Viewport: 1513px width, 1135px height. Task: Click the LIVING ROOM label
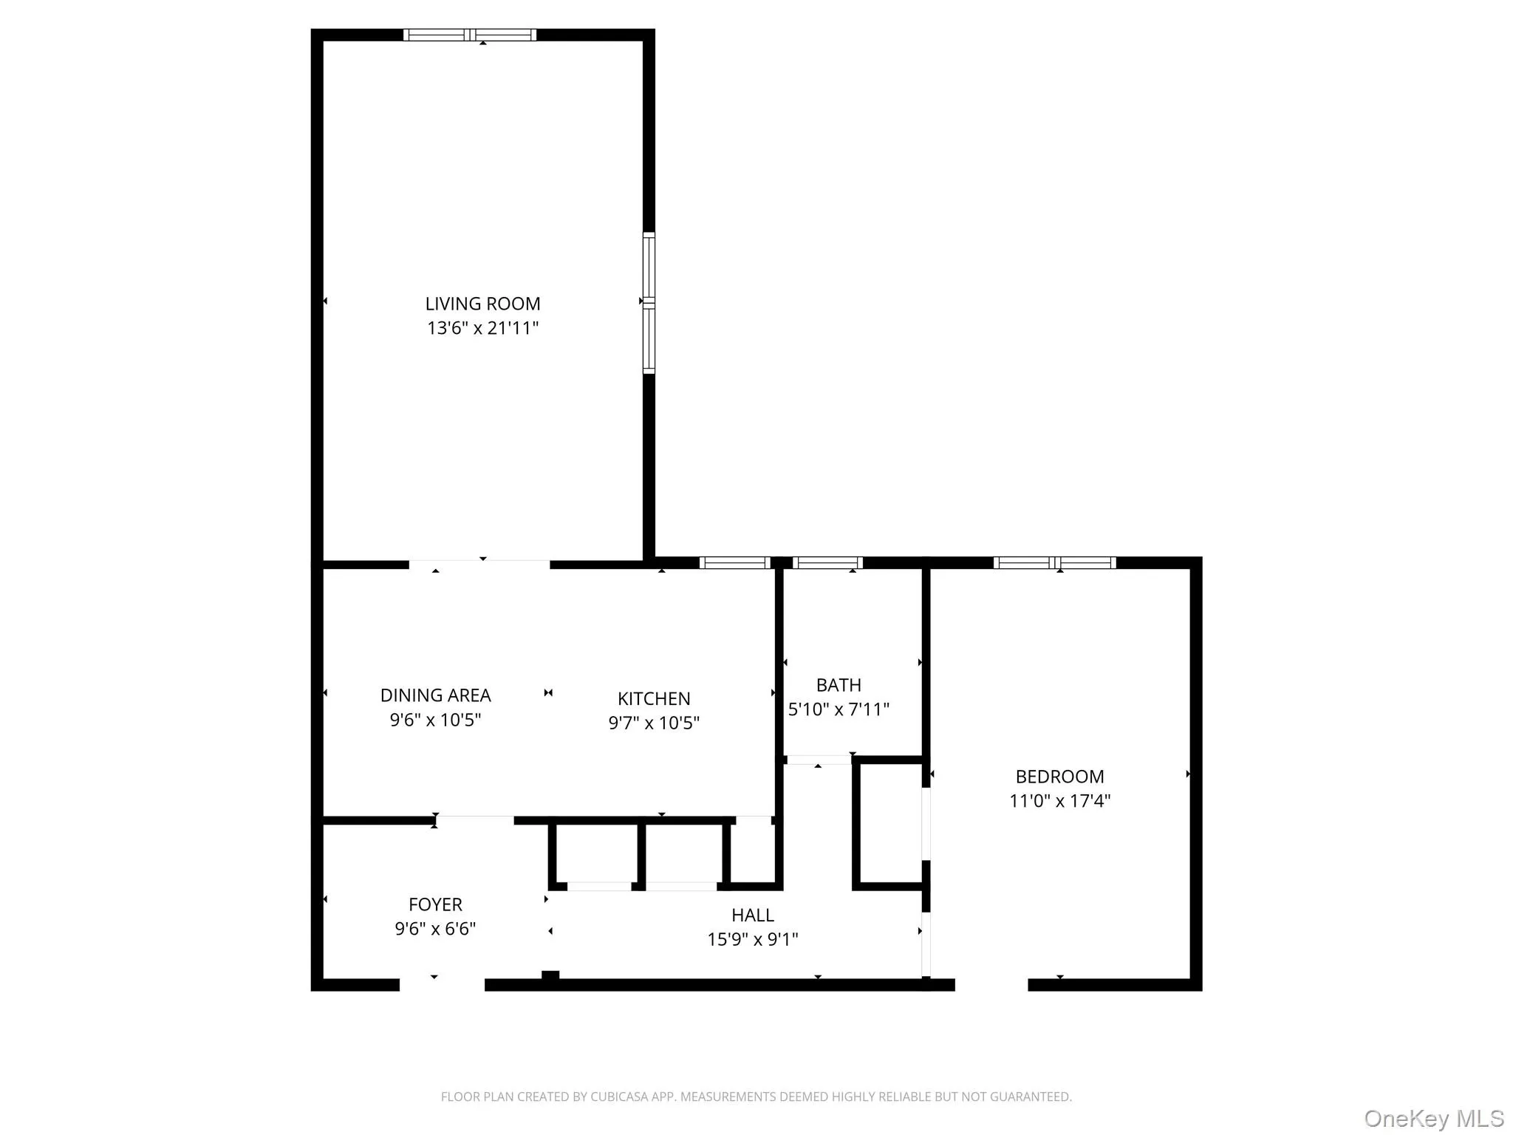click(x=482, y=304)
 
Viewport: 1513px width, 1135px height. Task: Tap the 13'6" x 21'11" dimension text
click(x=482, y=328)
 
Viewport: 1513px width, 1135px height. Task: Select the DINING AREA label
click(x=435, y=695)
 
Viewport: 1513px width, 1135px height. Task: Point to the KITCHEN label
click(x=654, y=698)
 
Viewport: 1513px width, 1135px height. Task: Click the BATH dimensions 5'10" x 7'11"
click(x=839, y=709)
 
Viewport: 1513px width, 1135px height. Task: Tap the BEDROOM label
click(x=1059, y=777)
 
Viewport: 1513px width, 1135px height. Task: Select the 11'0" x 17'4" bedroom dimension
click(x=1059, y=801)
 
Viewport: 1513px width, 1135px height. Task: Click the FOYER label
click(x=435, y=904)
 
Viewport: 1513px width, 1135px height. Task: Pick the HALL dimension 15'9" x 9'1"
click(x=753, y=939)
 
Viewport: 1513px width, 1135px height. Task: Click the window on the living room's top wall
click(x=470, y=35)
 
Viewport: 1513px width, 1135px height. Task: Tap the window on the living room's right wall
click(x=649, y=303)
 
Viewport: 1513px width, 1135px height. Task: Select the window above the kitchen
click(x=734, y=563)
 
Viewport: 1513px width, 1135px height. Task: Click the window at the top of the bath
click(x=827, y=563)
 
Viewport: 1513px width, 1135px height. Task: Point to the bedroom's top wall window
click(x=1054, y=563)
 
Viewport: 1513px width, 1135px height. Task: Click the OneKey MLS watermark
click(x=1434, y=1119)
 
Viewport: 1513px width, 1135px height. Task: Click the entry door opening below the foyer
click(x=442, y=984)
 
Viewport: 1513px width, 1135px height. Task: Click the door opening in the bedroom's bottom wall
click(x=991, y=984)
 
